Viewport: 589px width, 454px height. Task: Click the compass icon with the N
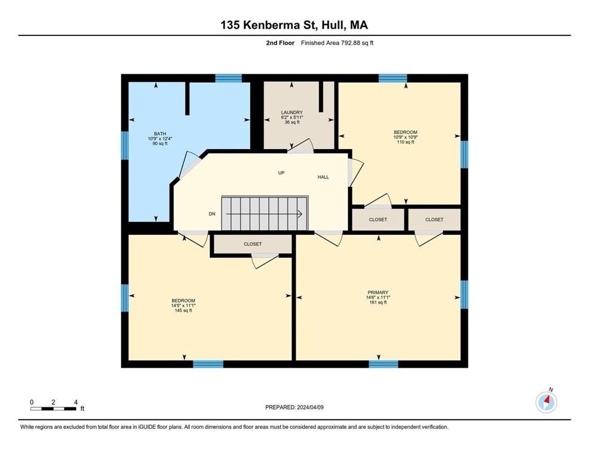coord(547,402)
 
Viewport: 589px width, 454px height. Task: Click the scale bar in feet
coord(53,408)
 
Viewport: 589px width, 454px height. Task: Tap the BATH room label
coord(160,134)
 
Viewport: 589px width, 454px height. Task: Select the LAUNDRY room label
coord(292,113)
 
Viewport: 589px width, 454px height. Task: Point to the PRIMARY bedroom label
coord(378,292)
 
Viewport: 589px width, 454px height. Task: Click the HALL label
coord(323,177)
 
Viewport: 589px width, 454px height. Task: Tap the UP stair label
coord(281,173)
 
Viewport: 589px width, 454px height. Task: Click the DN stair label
coord(212,214)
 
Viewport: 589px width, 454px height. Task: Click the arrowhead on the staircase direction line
coord(300,214)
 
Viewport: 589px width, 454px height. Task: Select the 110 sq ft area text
coord(405,142)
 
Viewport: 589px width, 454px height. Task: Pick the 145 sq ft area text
coord(183,310)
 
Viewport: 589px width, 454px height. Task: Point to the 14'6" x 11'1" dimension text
coord(378,297)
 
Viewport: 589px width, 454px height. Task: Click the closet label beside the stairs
coord(253,244)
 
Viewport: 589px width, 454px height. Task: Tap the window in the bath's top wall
coord(229,78)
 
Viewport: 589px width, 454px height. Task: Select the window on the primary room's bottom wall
coord(383,364)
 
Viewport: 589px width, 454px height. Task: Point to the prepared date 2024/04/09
coord(310,407)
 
